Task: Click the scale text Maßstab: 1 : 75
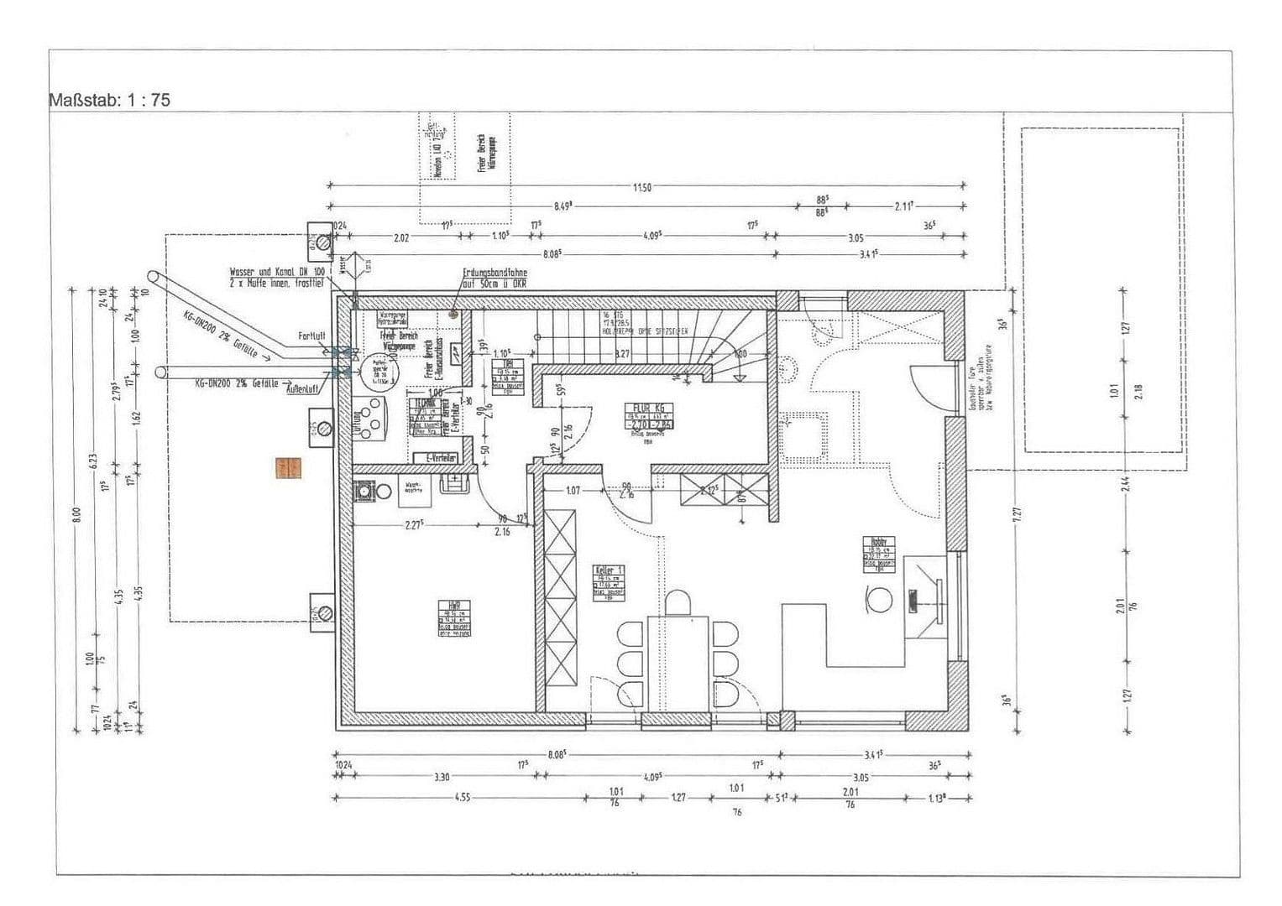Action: pyautogui.click(x=110, y=100)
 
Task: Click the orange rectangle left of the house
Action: pyautogui.click(x=288, y=468)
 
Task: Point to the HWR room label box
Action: pyautogui.click(x=453, y=617)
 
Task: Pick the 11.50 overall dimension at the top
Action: pyautogui.click(x=642, y=187)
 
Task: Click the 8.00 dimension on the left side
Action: pyautogui.click(x=76, y=514)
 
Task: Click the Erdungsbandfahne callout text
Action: pyautogui.click(x=494, y=278)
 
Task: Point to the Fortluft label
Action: pyautogui.click(x=311, y=336)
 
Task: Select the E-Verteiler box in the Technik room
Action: pyautogui.click(x=441, y=458)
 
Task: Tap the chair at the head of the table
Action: pyautogui.click(x=678, y=602)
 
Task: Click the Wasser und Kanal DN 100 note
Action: pyautogui.click(x=278, y=278)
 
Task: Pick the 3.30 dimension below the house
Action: pyautogui.click(x=442, y=777)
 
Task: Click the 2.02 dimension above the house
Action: pyautogui.click(x=401, y=237)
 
